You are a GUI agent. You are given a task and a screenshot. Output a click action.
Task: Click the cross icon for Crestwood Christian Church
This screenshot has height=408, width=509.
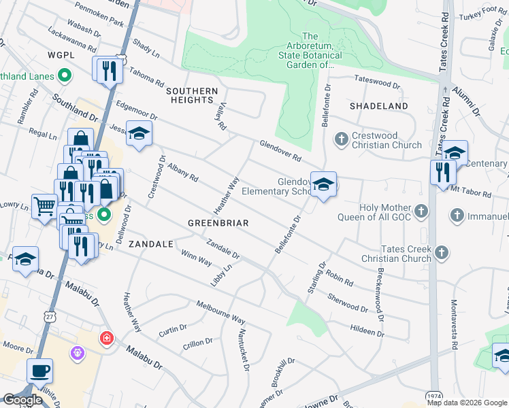coord(342,139)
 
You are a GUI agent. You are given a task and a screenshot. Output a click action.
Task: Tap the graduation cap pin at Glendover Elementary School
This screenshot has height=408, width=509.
coord(323,184)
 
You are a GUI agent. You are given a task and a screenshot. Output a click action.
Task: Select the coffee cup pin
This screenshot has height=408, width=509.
coord(39,371)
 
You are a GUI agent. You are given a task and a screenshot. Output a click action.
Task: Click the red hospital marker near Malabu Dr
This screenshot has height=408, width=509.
coord(106,338)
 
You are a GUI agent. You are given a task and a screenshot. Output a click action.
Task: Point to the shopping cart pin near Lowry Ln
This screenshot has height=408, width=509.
coord(44,205)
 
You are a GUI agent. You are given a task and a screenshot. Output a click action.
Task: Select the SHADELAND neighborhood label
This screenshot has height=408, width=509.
coord(379,107)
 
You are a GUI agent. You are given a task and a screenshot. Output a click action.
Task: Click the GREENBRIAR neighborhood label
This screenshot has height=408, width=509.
coord(218,223)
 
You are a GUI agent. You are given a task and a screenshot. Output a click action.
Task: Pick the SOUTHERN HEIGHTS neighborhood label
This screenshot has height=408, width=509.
coord(191,95)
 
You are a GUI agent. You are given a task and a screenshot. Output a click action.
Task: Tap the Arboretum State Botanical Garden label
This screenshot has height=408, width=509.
coord(310,51)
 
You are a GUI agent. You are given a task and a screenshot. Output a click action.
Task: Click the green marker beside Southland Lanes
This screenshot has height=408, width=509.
coord(65,75)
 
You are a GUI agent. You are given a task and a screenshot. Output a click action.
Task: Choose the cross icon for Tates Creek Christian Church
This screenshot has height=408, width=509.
coord(442,253)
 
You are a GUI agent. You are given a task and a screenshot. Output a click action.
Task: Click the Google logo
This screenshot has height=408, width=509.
coord(22,400)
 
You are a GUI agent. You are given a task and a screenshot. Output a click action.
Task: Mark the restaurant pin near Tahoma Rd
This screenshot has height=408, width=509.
coord(108,69)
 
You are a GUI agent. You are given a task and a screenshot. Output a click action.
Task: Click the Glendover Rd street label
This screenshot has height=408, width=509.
coord(280,151)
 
